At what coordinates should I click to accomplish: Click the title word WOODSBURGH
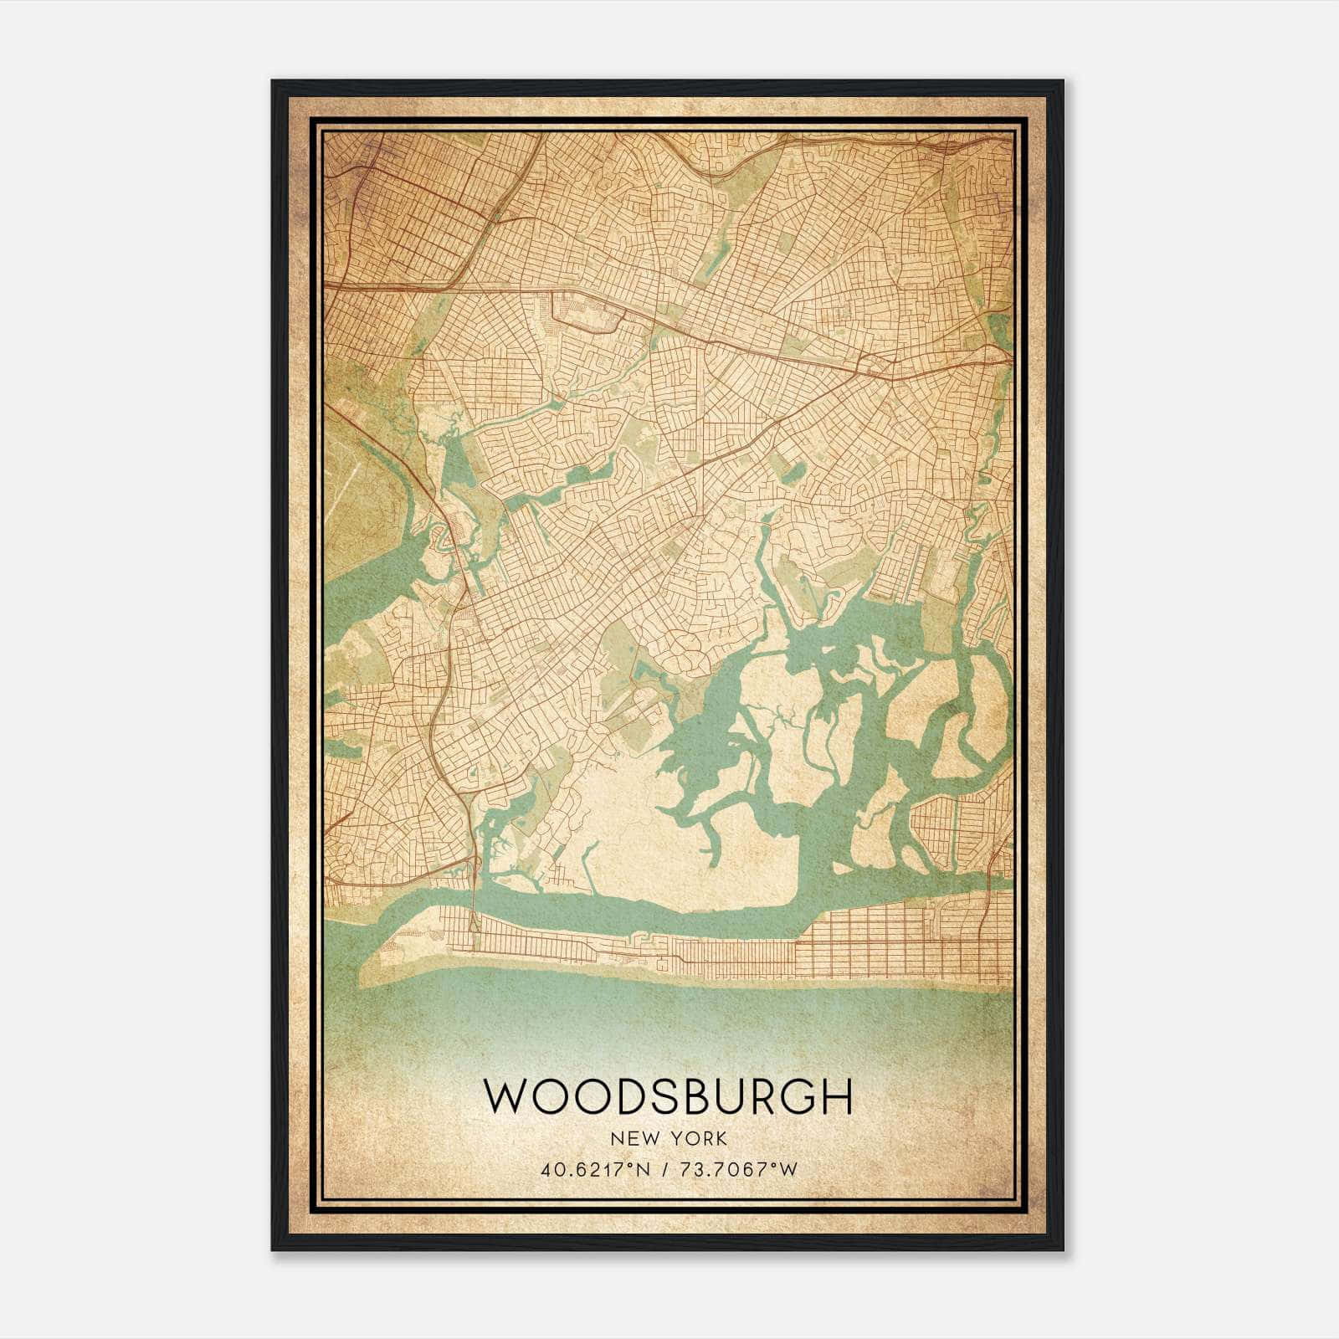coord(668,1097)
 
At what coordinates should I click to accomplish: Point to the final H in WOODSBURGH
coord(837,1097)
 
